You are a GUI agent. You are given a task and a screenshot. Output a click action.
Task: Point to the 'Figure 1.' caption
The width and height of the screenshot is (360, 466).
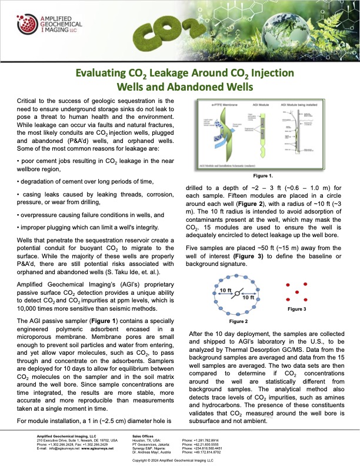tap(262, 175)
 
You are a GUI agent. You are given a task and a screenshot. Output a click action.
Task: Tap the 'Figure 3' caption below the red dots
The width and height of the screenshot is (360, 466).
tap(296, 309)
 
